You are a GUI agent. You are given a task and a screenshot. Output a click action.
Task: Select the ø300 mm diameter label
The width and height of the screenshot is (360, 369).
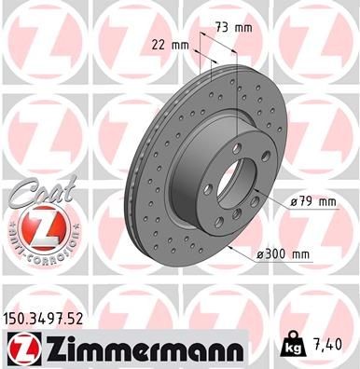tap(284, 253)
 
